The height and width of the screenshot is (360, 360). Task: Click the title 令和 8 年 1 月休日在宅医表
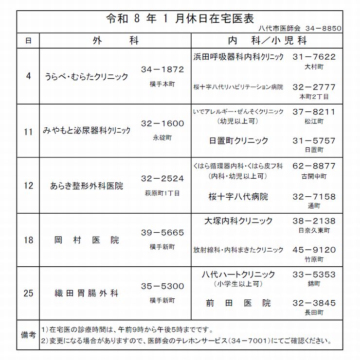point(180,19)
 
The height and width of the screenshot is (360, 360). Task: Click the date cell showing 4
point(28,76)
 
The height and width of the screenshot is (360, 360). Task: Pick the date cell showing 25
point(28,293)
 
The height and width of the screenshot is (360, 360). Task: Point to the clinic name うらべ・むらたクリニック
point(86,77)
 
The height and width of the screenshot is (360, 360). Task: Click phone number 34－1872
point(162,69)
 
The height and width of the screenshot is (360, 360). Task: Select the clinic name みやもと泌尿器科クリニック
point(87,131)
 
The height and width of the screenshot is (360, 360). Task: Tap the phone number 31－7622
point(314,57)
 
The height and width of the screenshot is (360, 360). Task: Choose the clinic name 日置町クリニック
point(238,140)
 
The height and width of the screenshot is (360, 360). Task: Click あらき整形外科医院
point(87,186)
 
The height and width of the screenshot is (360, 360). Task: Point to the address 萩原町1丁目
point(162,193)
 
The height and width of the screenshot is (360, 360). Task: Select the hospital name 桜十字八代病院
point(238,197)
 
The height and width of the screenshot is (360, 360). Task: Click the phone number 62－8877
point(314,166)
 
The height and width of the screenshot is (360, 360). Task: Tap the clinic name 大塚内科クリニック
point(238,221)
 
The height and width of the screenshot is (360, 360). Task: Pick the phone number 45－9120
point(314,250)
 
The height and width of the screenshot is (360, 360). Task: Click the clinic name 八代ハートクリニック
point(238,274)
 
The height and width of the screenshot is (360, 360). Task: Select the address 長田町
point(314,312)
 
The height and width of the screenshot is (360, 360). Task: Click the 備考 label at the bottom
point(28,335)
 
